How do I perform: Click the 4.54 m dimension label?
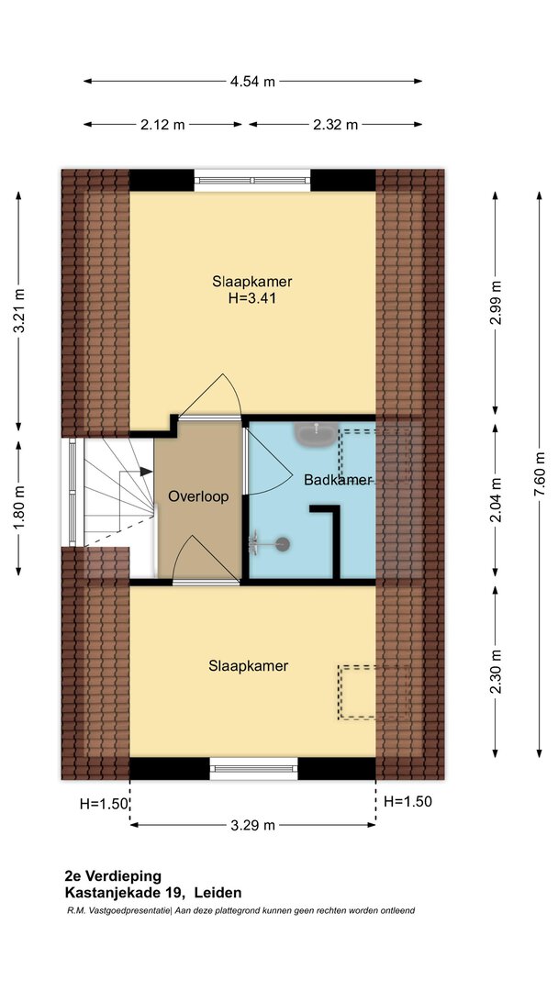[x=252, y=81]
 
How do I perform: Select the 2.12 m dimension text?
[x=163, y=125]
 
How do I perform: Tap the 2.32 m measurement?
[x=336, y=125]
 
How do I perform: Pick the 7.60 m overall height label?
[x=539, y=474]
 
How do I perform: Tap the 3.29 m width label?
[x=252, y=825]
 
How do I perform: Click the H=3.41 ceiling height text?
[x=252, y=298]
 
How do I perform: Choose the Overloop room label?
[x=198, y=496]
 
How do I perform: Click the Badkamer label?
[x=338, y=480]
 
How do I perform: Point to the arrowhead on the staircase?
[x=146, y=472]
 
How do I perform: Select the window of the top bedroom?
[x=252, y=180]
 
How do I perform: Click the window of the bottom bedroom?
[x=253, y=769]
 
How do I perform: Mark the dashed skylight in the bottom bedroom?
[x=374, y=692]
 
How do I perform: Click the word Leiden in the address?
[x=218, y=893]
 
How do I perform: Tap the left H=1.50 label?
[x=105, y=804]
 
